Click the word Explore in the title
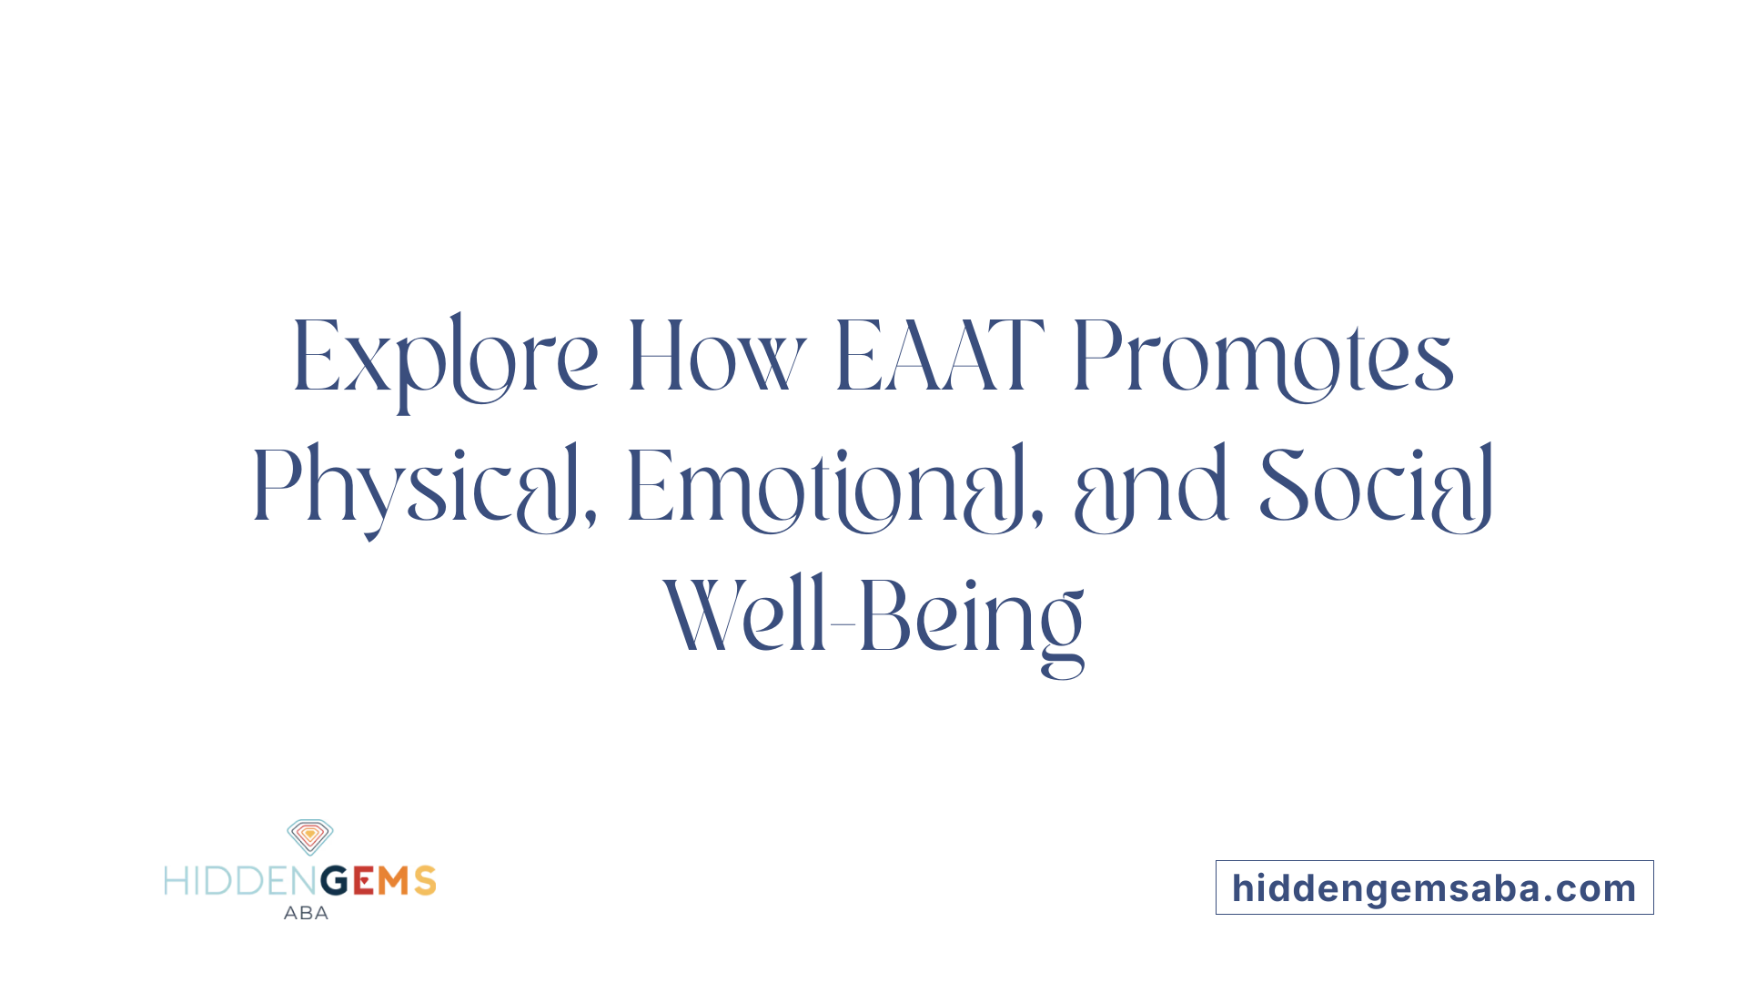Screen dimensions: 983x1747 [445, 358]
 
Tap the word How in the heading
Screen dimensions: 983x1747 [716, 358]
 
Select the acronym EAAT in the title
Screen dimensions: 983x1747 [938, 356]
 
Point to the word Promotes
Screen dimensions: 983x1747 [1263, 358]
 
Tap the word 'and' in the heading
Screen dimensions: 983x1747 [1151, 488]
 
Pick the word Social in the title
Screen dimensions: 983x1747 [1376, 488]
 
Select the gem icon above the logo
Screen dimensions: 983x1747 [310, 836]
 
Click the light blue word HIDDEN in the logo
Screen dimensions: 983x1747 [240, 881]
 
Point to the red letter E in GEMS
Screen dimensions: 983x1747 [363, 881]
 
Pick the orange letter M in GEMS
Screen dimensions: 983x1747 [394, 881]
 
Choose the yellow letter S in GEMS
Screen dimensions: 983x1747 [425, 881]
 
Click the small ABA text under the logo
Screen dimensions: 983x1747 [306, 913]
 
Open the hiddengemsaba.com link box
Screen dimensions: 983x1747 [1434, 887]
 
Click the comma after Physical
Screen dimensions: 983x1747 [591, 520]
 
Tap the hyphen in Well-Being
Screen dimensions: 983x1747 [842, 624]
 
